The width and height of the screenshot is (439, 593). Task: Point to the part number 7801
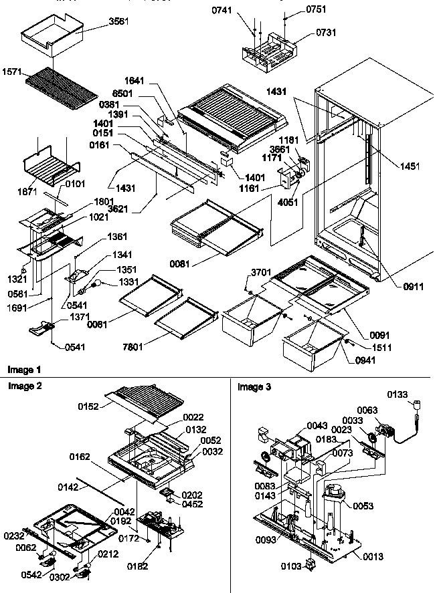143,346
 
